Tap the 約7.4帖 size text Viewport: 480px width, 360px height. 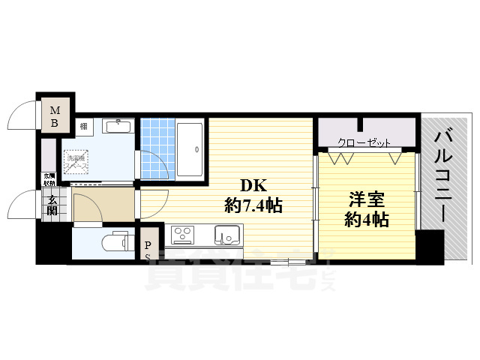tap(253, 204)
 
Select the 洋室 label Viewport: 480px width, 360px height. tap(367, 201)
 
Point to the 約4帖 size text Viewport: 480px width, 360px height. tap(367, 220)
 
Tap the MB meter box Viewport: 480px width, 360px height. tap(55, 117)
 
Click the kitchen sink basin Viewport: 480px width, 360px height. tap(226, 235)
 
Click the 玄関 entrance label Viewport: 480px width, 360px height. tap(52, 205)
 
